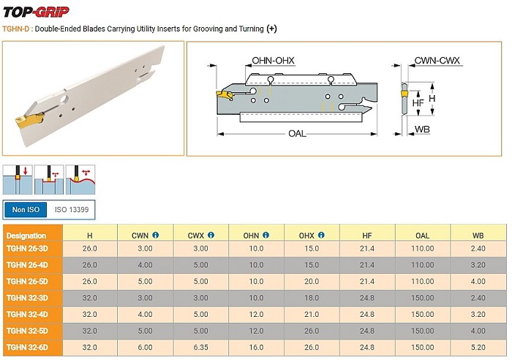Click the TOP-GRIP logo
[x=36, y=12]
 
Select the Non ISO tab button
[x=26, y=210]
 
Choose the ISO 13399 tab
[x=72, y=210]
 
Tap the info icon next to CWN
[x=156, y=235]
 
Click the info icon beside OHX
[x=321, y=235]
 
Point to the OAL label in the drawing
[x=297, y=133]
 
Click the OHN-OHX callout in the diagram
[x=273, y=61]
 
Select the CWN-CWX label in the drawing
[x=437, y=61]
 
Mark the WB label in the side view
[x=422, y=130]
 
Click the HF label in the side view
[x=418, y=103]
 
